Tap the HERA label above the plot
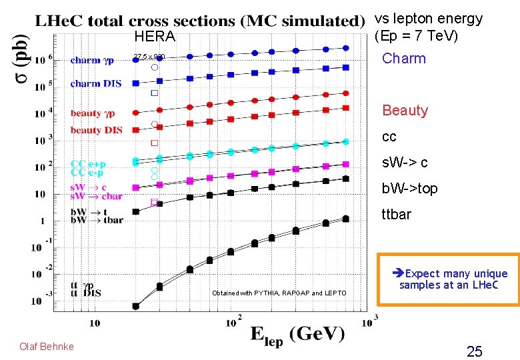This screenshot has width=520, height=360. point(154,37)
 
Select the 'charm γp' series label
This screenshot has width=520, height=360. point(92,60)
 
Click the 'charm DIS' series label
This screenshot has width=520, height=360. point(95,83)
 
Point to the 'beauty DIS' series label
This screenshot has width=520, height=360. point(97,130)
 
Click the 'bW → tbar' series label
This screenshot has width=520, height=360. point(97,221)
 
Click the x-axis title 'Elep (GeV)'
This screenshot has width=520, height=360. point(297,334)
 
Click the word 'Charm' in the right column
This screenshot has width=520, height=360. point(403,59)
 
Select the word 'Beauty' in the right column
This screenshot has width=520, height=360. point(405,111)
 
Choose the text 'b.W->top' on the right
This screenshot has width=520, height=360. point(409,189)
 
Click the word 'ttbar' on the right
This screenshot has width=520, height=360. point(396,215)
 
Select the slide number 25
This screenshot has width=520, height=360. point(474,351)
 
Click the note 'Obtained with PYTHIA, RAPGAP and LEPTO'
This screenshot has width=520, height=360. point(279,293)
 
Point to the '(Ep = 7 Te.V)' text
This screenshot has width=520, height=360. point(416,35)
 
